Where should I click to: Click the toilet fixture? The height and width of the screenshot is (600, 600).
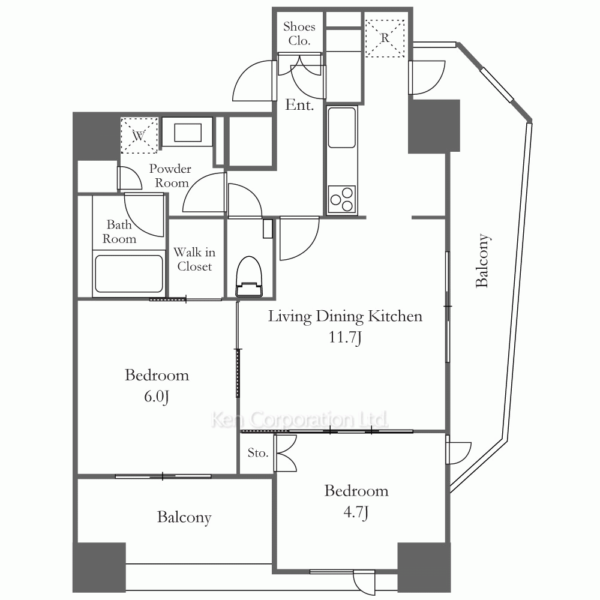tap(250, 277)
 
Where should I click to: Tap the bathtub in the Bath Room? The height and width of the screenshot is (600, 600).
tap(128, 274)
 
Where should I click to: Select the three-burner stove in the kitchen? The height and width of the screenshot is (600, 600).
tap(342, 199)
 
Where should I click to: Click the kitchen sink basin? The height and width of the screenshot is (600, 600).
tap(342, 127)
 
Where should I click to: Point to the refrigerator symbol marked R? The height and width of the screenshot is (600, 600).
tap(385, 38)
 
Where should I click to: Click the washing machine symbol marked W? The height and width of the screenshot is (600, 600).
tap(139, 136)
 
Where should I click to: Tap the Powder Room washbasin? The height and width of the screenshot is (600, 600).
tap(187, 132)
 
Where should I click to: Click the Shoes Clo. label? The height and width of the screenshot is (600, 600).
tap(299, 33)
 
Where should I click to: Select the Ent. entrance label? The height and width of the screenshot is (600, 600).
tap(299, 104)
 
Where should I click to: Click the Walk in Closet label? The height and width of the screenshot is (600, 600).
tap(194, 259)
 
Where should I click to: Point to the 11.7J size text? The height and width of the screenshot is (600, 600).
tap(345, 337)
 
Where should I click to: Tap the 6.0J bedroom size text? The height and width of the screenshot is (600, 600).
tap(157, 397)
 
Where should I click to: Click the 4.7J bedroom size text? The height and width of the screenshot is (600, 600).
tap(356, 512)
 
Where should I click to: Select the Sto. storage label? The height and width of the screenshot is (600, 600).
tap(257, 452)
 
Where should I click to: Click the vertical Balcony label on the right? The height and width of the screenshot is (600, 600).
tap(482, 260)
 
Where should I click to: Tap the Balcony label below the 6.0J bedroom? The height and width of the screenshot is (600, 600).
tap(184, 517)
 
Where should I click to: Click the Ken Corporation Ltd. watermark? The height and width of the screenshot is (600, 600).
tap(299, 419)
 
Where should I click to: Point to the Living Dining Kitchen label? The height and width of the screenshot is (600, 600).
tap(345, 316)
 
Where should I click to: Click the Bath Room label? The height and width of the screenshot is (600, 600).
tap(119, 232)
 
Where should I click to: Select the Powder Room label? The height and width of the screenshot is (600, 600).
tap(170, 176)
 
